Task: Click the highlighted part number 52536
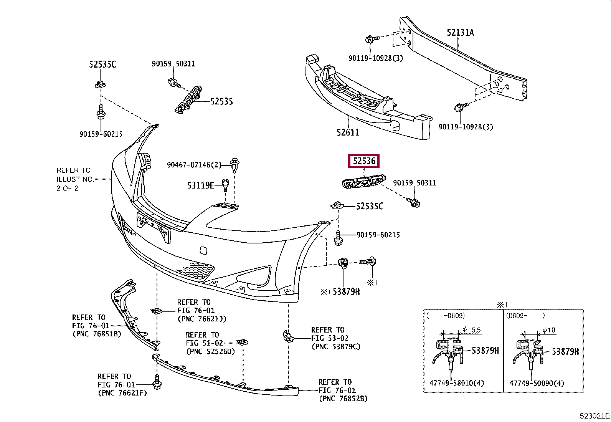tap(364, 161)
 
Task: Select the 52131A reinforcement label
tap(460, 33)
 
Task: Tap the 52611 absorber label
tap(348, 132)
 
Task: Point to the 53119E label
tap(200, 185)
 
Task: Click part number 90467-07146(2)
tap(194, 165)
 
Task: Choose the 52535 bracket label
tap(221, 101)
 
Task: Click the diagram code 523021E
tap(594, 416)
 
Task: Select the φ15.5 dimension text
tap(472, 330)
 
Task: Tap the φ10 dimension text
tap(549, 330)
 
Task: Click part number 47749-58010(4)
tap(457, 383)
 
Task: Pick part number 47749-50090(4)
tap(537, 383)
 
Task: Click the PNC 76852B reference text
tap(343, 399)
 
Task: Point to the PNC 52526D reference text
tap(210, 352)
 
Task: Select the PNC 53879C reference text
tap(336, 347)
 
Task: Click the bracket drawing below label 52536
tap(363, 181)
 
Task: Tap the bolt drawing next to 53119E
tap(225, 185)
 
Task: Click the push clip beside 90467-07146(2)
tap(235, 165)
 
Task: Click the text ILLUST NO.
tap(75, 179)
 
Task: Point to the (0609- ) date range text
tap(525, 316)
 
